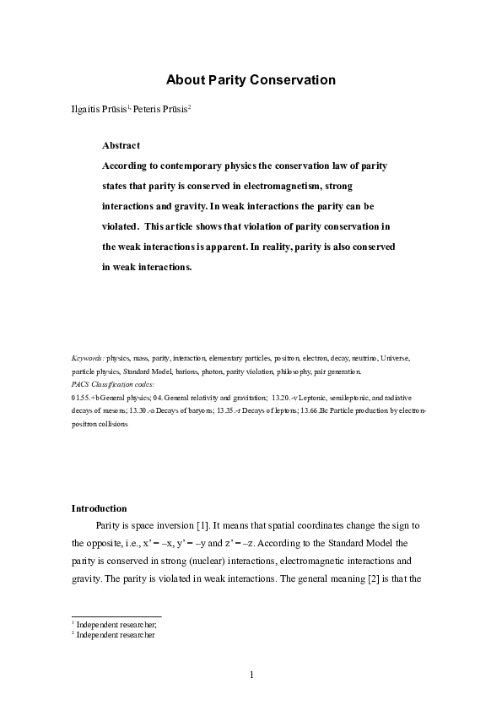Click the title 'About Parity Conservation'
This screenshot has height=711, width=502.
pos(251,80)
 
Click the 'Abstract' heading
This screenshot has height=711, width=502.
pos(121,145)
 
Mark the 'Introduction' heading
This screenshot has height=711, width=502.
pos(99,508)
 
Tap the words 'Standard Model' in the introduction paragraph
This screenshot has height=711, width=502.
pos(368,543)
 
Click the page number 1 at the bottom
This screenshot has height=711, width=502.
pos(251,676)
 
